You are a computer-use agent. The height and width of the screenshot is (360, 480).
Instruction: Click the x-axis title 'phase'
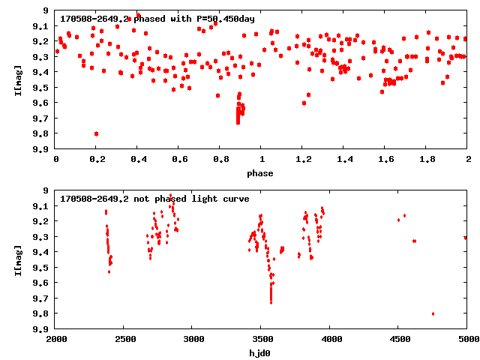click(x=262, y=173)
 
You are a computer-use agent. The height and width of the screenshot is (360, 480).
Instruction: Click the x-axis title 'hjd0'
click(x=262, y=352)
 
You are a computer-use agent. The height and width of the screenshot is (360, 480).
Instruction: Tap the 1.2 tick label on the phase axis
click(x=303, y=160)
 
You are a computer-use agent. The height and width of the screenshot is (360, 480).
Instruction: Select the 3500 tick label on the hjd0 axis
click(x=261, y=339)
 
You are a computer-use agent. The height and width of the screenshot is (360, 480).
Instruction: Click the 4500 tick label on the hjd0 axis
click(x=398, y=339)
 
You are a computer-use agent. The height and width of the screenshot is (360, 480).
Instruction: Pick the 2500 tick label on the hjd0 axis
click(x=124, y=339)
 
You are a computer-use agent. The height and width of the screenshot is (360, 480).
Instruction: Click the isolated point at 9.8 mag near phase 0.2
click(x=96, y=133)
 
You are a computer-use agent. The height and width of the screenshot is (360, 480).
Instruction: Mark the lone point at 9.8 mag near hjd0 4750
click(x=433, y=313)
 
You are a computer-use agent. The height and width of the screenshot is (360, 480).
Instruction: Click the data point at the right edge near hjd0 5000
click(x=466, y=238)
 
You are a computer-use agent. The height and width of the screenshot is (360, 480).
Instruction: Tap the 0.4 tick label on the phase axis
click(x=138, y=160)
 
